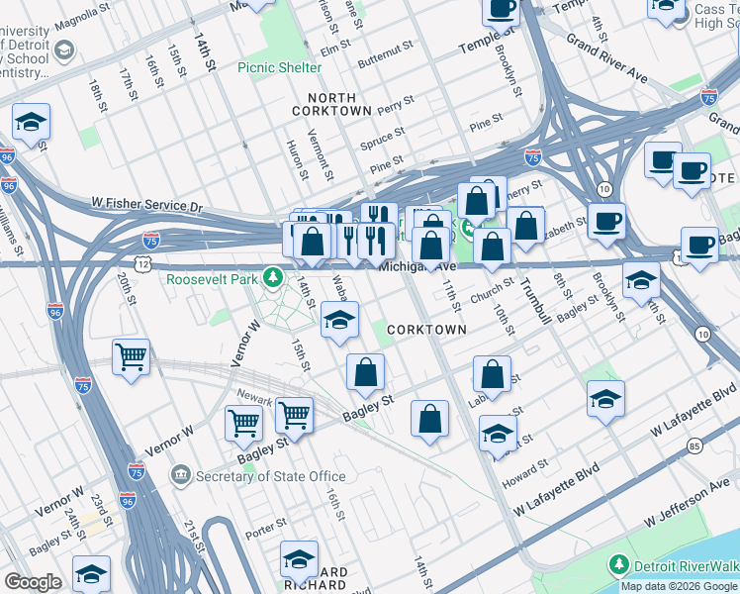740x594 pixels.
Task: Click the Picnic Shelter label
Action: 280,67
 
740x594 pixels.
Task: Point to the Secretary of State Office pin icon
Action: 179,475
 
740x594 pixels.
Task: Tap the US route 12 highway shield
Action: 144,264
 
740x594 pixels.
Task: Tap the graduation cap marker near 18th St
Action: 31,123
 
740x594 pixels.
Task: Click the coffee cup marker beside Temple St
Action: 501,10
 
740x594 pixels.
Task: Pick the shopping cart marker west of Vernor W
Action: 132,355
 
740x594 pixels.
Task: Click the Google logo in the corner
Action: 33,582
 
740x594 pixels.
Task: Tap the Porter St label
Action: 267,521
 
